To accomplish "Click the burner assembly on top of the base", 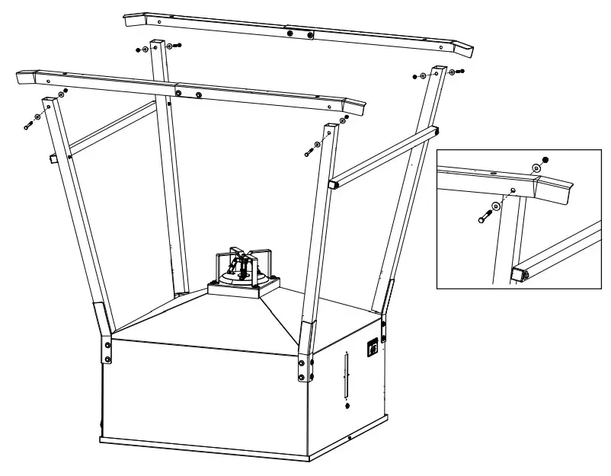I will click(x=245, y=268).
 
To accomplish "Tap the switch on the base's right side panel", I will click(x=373, y=347).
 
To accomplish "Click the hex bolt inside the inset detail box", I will click(x=485, y=216).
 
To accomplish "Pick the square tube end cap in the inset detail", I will click(x=518, y=273).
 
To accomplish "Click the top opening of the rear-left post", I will click(x=158, y=42).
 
